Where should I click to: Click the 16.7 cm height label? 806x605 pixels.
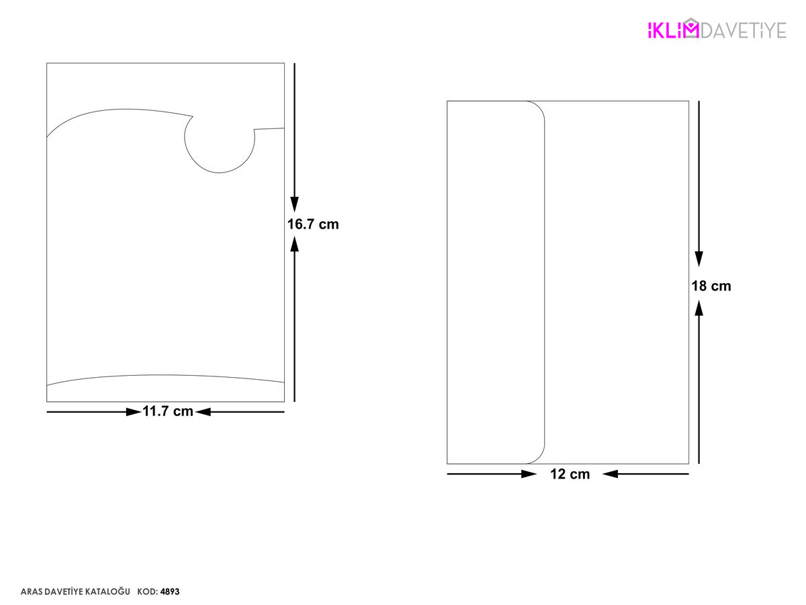[313, 224]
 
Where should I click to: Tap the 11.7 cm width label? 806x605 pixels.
[168, 411]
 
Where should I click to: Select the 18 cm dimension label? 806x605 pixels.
[711, 286]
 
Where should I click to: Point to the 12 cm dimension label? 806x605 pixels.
[570, 474]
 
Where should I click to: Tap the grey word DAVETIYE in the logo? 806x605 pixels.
[744, 30]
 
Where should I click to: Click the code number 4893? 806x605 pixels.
[170, 592]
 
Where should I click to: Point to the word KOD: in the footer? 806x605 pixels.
[148, 592]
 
